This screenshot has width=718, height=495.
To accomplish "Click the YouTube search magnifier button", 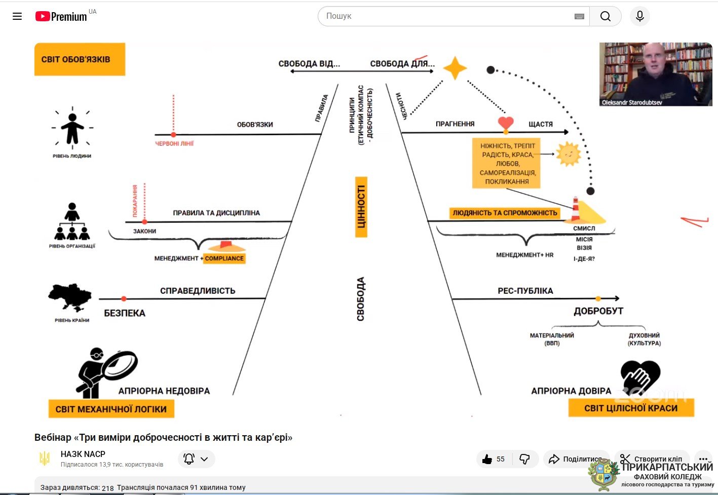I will click(605, 16).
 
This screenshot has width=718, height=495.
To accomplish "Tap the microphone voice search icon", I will click(639, 16).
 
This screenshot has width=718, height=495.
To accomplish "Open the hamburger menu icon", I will click(17, 16).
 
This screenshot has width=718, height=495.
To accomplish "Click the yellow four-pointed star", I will click(455, 68).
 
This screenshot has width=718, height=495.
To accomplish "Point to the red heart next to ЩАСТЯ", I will click(506, 123).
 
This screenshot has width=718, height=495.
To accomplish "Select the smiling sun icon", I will click(568, 154).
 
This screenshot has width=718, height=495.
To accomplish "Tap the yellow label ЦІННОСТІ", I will click(361, 207).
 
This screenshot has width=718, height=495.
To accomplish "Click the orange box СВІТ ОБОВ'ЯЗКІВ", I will click(80, 59).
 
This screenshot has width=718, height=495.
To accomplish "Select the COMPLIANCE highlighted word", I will click(224, 258).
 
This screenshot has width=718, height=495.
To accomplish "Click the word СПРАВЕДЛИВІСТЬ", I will click(198, 291).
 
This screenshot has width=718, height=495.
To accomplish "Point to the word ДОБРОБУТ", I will click(598, 311).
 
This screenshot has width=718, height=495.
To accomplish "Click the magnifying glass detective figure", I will click(106, 371).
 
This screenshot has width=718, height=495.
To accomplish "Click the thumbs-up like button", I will click(487, 459).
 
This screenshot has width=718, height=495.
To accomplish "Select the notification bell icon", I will click(189, 459).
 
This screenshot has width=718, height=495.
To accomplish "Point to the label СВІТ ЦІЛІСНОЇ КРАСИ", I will click(631, 408).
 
